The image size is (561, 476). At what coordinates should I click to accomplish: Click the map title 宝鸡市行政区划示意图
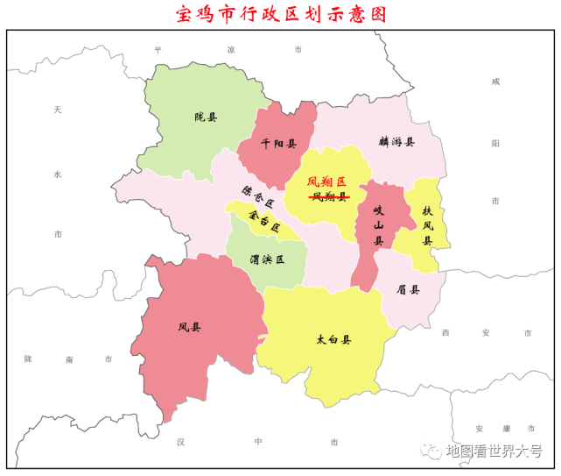280,14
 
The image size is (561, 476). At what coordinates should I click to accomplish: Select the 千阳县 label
279,144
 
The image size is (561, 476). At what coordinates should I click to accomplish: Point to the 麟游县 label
396,141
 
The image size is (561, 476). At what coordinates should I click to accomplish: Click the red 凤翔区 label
327,182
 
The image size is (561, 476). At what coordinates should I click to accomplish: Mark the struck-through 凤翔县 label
328,197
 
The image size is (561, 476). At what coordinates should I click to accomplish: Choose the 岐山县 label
379,224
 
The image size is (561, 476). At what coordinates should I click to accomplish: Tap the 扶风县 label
428,226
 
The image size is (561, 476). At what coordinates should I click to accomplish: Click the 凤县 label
189,328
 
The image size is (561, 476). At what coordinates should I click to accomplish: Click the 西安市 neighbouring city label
486,333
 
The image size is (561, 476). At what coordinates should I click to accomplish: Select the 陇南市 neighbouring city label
68,359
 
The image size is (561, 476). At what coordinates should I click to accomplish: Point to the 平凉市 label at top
229,51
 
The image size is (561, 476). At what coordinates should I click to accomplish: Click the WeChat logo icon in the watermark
431,451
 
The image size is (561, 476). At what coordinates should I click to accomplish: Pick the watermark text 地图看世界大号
494,451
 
